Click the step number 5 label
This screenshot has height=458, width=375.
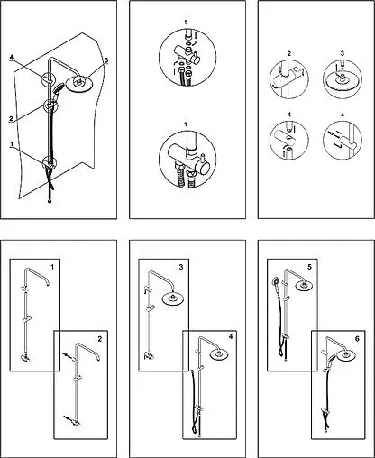(309, 267)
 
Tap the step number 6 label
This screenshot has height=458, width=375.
(357, 339)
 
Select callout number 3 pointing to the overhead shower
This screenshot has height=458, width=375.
(105, 60)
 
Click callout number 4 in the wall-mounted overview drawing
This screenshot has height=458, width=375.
(12, 57)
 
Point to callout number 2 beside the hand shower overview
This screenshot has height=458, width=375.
(11, 119)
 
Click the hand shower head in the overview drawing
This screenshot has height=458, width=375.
(58, 87)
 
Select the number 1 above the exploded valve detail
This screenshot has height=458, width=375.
(186, 22)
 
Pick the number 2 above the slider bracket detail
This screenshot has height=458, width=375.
(289, 54)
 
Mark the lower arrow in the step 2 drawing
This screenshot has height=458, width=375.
(69, 418)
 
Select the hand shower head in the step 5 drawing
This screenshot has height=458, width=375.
(276, 282)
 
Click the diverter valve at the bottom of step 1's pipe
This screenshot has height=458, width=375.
(24, 358)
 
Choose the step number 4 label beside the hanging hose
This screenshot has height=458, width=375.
(231, 336)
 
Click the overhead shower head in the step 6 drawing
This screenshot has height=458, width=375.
(345, 356)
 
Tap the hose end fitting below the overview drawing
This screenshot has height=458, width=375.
(50, 200)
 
